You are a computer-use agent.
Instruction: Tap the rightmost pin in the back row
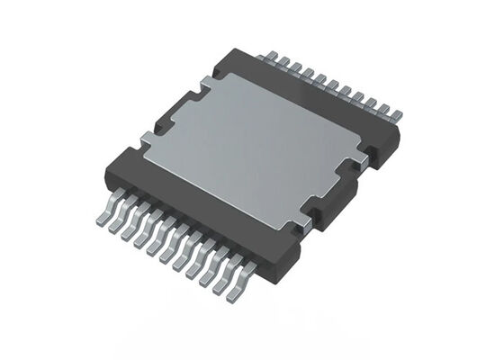pos(395,117)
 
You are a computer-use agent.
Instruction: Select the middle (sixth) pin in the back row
pos(329,85)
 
